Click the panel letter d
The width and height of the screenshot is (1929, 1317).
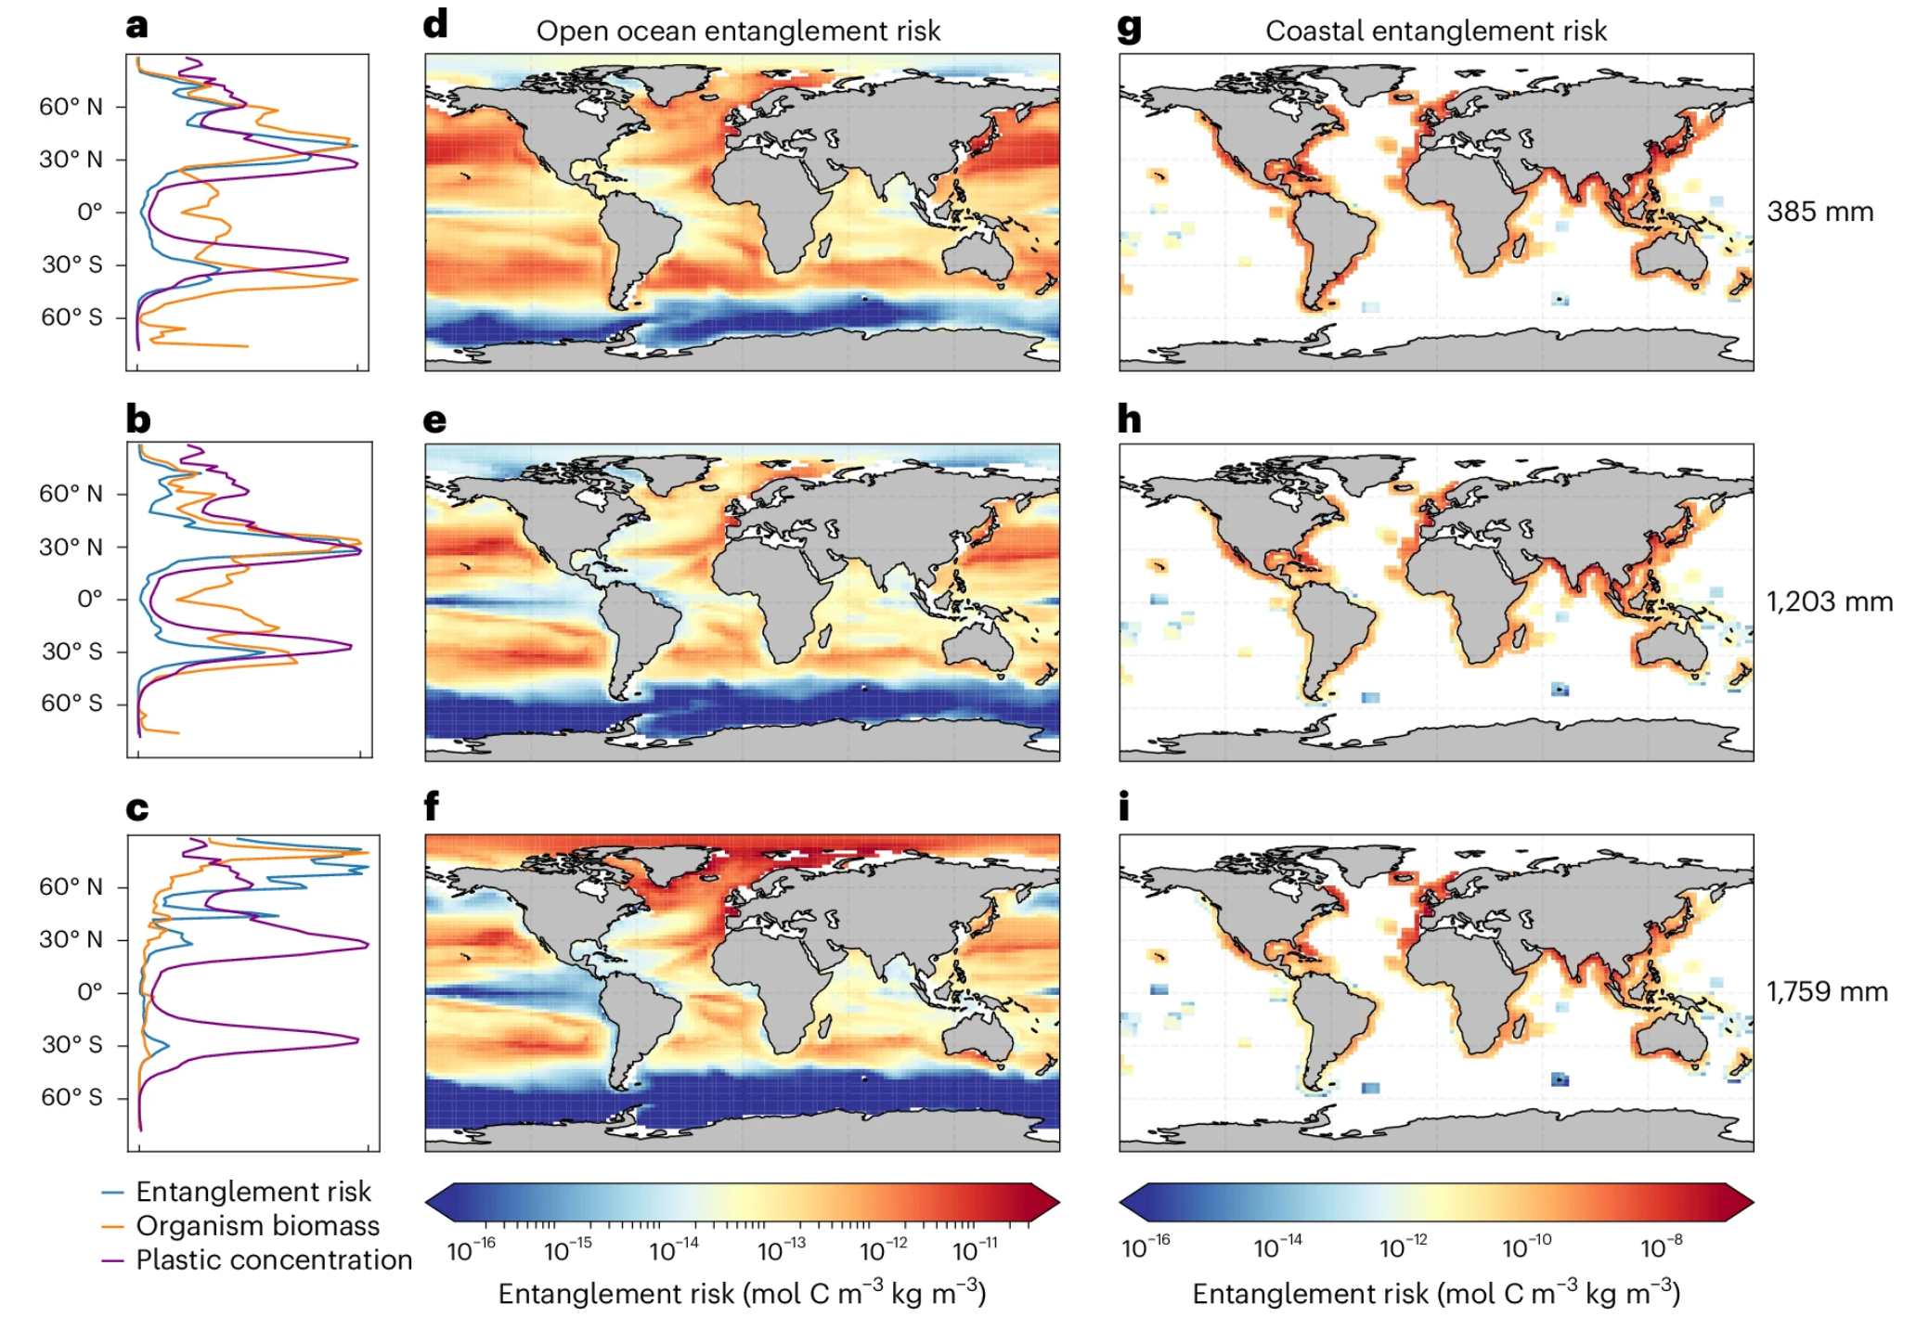[434, 24]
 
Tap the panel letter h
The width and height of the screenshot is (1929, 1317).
[1129, 420]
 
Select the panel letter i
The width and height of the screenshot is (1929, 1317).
[1124, 807]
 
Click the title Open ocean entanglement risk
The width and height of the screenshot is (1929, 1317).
[738, 32]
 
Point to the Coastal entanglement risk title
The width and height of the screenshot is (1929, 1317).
[1435, 32]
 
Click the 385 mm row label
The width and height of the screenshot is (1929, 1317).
[1819, 212]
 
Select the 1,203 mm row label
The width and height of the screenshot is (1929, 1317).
[1829, 601]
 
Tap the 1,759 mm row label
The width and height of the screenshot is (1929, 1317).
[1826, 991]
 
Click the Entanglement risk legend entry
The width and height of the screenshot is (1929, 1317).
[252, 1192]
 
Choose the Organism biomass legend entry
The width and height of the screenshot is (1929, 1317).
[257, 1226]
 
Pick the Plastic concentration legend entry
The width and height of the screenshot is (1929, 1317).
[273, 1260]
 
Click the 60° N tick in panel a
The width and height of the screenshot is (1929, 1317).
[71, 107]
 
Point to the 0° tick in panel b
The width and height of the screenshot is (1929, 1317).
[89, 599]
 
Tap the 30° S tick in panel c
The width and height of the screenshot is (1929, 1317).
[71, 1044]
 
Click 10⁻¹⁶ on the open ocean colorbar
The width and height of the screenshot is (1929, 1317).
[472, 1251]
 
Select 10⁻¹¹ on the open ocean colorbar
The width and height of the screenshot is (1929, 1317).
[976, 1251]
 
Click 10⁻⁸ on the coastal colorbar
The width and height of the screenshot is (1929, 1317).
[1661, 1247]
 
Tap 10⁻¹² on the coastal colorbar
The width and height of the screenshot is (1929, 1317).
[1403, 1247]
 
